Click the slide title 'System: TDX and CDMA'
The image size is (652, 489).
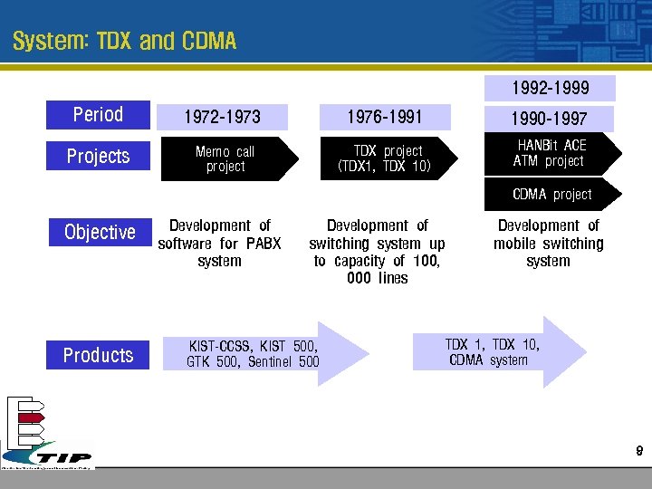pyautogui.click(x=125, y=42)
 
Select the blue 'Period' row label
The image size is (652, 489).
pyautogui.click(x=98, y=115)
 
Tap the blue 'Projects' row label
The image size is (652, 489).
pyautogui.click(x=98, y=157)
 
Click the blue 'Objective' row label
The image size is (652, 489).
pyautogui.click(x=100, y=233)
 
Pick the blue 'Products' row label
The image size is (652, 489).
pyautogui.click(x=98, y=355)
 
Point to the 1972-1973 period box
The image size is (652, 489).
pyautogui.click(x=222, y=117)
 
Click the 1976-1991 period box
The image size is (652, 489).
pyautogui.click(x=385, y=116)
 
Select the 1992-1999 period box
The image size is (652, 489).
pyautogui.click(x=550, y=88)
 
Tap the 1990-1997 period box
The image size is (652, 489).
pyautogui.click(x=550, y=119)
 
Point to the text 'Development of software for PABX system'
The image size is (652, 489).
pyautogui.click(x=220, y=243)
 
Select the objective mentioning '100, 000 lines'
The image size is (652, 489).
pyautogui.click(x=378, y=252)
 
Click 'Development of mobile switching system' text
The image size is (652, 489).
pyautogui.click(x=549, y=243)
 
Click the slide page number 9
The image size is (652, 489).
pyautogui.click(x=638, y=450)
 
